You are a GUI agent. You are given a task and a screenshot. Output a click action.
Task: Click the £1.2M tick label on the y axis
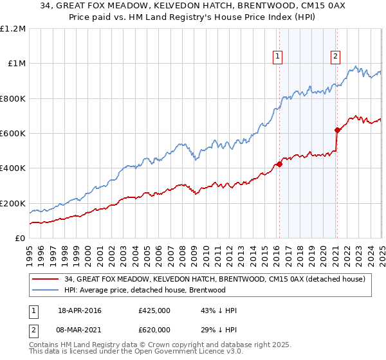(x=13, y=29)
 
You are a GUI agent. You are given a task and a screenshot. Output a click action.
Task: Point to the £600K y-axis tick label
(x=13, y=134)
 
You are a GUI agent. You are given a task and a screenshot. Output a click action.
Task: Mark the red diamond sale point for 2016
(x=279, y=164)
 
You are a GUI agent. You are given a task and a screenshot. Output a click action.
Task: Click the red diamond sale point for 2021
(x=336, y=130)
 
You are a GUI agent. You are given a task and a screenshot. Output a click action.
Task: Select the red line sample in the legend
(x=46, y=279)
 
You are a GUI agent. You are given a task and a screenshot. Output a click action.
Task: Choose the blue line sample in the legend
(x=46, y=290)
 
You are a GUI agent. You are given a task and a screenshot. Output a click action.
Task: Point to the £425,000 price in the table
(x=154, y=310)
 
